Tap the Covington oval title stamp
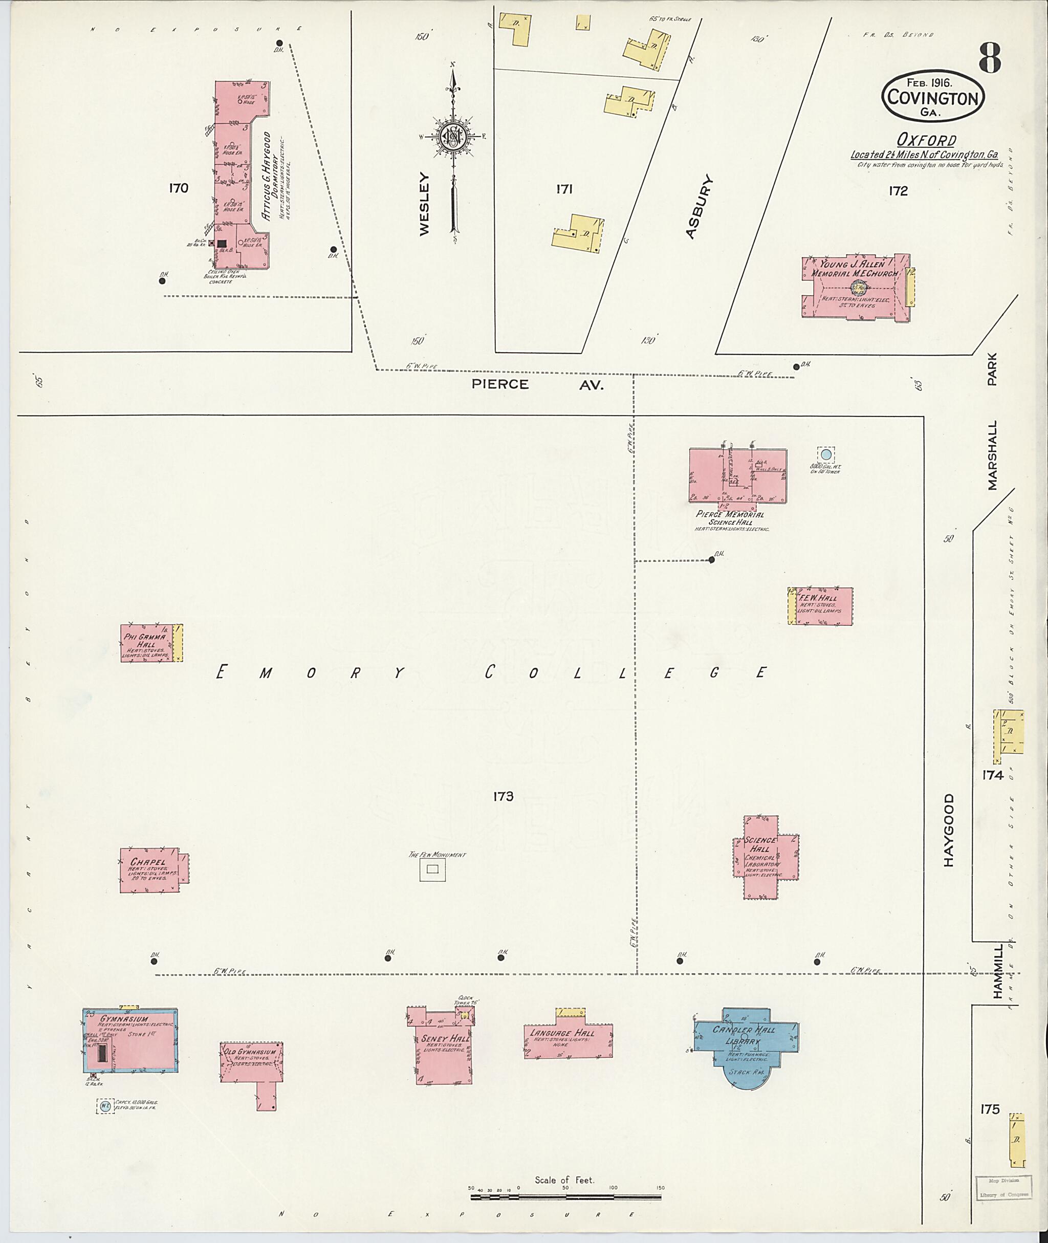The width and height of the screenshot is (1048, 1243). point(933,97)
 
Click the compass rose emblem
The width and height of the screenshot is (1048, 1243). point(453,136)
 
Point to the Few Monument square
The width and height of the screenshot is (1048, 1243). point(432,869)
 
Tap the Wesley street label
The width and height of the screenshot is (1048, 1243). point(424,204)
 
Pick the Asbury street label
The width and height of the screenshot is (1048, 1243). point(698,207)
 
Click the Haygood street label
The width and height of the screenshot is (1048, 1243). point(948,830)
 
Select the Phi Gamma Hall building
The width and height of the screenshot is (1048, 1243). point(147,643)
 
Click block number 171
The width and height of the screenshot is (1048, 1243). point(564,189)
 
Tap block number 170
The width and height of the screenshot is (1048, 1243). point(178,188)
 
